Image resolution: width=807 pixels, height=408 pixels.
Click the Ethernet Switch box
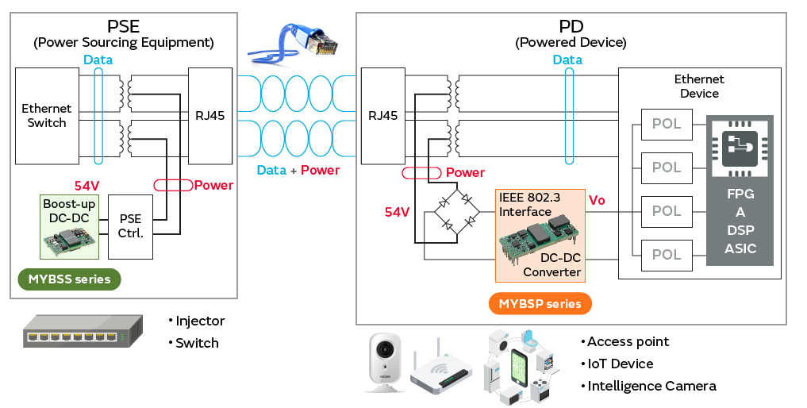click(x=47, y=116)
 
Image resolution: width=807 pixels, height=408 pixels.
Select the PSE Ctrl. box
click(x=130, y=226)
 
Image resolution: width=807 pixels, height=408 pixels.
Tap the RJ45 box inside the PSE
click(x=209, y=115)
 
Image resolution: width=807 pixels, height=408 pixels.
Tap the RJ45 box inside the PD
click(x=383, y=115)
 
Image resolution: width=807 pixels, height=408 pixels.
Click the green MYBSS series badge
click(x=69, y=279)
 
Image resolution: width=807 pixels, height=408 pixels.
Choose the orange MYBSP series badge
click(x=540, y=303)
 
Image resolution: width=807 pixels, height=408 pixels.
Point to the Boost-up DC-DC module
click(x=70, y=226)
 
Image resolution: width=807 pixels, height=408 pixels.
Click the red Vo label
click(x=596, y=200)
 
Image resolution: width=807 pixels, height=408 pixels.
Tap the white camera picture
click(x=382, y=361)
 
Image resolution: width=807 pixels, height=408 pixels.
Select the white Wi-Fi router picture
click(x=440, y=368)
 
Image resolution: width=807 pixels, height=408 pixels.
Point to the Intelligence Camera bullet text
click(x=651, y=386)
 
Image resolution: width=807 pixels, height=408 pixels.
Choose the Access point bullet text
click(x=628, y=341)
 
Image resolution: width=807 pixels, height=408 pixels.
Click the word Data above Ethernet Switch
click(x=98, y=60)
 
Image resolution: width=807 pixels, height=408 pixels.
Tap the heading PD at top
click(x=571, y=25)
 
